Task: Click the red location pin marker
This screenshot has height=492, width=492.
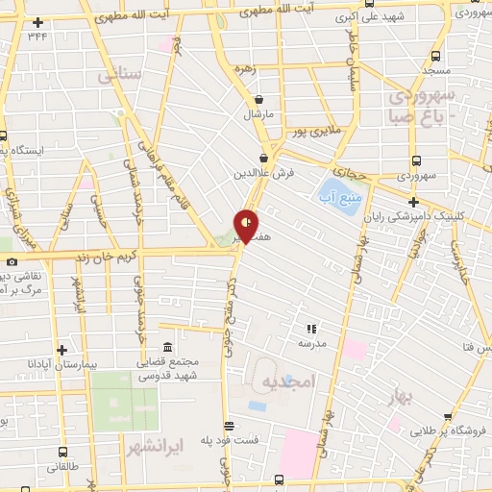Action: (246, 225)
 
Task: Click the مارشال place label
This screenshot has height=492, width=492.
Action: (258, 113)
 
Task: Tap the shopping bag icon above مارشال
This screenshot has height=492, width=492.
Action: (258, 99)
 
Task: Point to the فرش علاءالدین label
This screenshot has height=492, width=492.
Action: (264, 174)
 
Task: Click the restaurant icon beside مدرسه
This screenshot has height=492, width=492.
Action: (310, 329)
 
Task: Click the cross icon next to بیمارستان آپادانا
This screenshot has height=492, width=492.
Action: (61, 351)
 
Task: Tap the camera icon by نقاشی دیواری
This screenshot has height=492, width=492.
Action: (11, 261)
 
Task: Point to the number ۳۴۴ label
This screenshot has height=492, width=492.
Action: (37, 36)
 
